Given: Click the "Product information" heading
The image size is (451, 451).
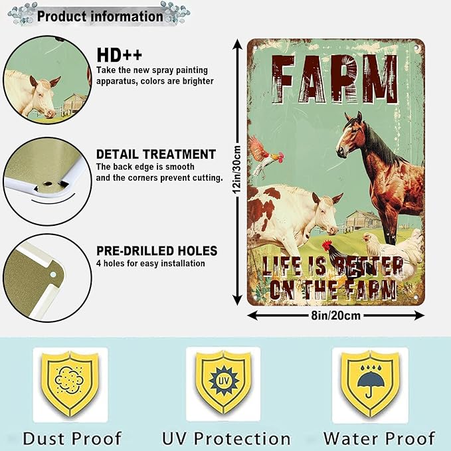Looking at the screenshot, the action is tap(100, 16).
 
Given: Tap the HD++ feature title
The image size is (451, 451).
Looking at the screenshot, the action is tap(120, 55).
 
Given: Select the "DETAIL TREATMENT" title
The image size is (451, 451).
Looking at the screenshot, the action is tap(156, 154).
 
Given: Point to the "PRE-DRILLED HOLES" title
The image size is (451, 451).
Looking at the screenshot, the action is tap(157, 251).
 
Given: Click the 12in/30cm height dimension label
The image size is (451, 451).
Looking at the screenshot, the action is tap(237, 169).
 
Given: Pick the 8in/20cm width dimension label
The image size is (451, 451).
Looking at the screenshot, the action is tap(335, 316).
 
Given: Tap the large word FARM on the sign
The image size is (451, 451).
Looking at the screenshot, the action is tap(335, 79).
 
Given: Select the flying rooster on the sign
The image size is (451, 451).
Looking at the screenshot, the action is tap(265, 156).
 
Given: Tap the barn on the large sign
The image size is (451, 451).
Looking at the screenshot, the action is tap(363, 221).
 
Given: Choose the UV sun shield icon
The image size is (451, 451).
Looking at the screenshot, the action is tap(223, 381).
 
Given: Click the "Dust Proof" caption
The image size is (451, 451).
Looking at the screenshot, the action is tap(72, 438).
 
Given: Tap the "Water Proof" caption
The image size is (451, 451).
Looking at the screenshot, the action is tap(379, 438).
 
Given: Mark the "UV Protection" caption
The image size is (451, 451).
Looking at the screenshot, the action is tap(226, 438).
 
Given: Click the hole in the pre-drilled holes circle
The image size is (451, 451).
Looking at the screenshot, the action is tap(53, 275).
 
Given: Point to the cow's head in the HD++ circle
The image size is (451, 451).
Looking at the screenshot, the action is tap(42, 96).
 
